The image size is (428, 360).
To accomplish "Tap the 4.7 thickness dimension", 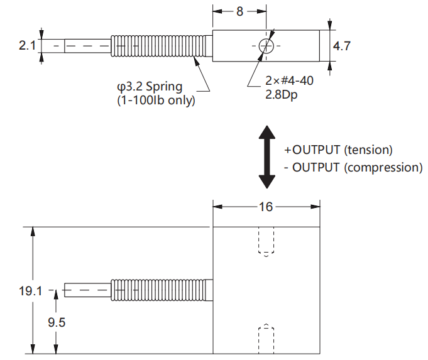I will point(342,46).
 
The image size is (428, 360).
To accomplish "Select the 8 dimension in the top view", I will point(239,11).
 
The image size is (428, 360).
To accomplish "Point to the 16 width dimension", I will point(266,207).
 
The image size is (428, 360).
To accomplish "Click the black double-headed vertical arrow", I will point(268,156).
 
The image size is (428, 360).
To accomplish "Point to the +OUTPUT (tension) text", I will point(338,150).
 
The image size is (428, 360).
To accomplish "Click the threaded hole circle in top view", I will point(265,46).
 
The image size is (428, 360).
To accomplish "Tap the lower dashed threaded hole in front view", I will point(267,339).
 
